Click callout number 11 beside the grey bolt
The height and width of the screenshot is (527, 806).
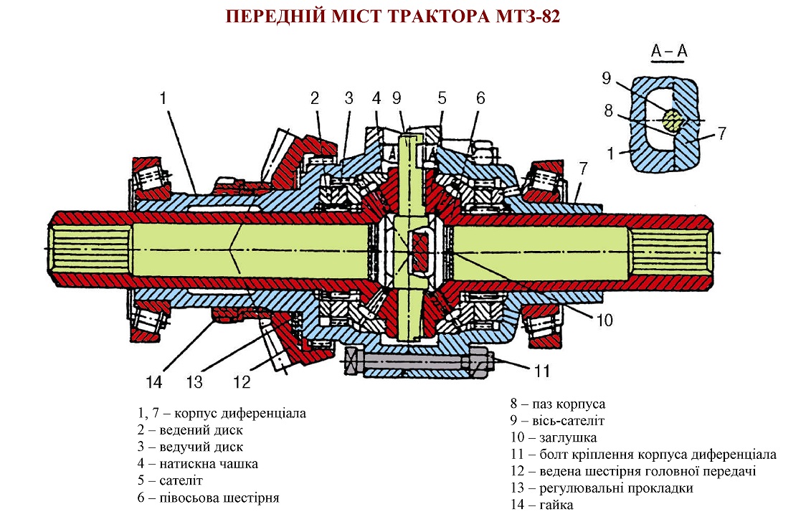click(541, 371)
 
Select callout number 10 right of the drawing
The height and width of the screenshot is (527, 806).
click(604, 320)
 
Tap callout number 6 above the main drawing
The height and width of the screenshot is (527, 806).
click(480, 98)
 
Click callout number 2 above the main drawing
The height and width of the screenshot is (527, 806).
click(314, 98)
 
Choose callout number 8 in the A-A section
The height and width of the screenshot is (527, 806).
click(608, 111)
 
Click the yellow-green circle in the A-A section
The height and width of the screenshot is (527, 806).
click(673, 120)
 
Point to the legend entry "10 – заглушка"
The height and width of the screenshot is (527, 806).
click(553, 437)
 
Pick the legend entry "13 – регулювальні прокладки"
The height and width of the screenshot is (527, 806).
click(602, 488)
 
